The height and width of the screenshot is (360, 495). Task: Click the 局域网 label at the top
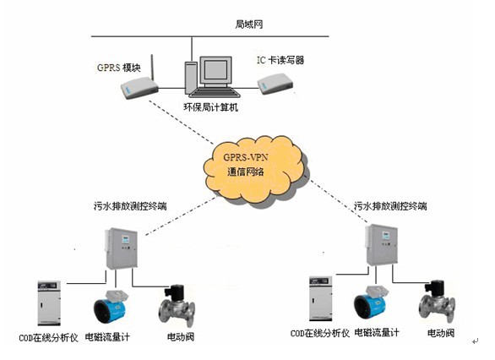(248, 25)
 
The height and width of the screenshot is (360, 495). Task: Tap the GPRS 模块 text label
(119, 68)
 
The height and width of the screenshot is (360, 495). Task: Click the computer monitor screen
(215, 69)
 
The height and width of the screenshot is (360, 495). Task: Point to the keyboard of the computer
(215, 92)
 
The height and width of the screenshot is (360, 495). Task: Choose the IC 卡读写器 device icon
(275, 84)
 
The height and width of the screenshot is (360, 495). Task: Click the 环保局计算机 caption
(210, 107)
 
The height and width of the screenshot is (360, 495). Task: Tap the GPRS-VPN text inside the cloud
(245, 157)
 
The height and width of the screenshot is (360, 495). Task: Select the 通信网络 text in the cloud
(245, 172)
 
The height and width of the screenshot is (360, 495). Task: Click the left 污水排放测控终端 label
(130, 206)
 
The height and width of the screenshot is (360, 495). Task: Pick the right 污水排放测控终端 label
(390, 206)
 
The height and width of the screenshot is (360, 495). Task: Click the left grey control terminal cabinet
(122, 248)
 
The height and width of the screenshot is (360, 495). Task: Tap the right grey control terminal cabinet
(381, 245)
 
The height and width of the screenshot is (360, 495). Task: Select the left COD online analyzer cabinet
(49, 303)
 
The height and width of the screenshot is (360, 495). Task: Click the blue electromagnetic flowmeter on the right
(370, 303)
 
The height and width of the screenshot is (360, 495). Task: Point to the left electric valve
(177, 305)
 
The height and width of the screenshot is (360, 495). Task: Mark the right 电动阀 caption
(441, 333)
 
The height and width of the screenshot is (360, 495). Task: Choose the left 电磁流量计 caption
(107, 337)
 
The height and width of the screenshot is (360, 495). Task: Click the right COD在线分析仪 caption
(320, 334)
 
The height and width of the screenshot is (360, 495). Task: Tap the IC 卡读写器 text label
(280, 60)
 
